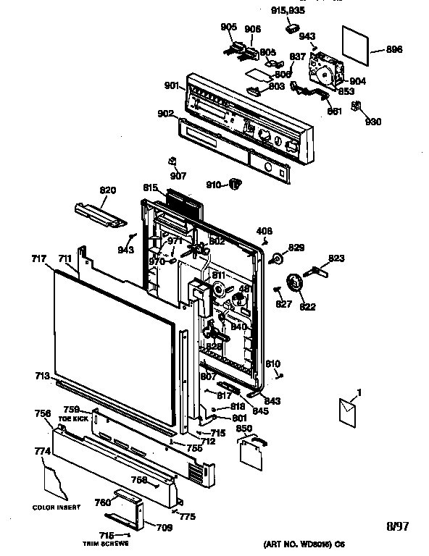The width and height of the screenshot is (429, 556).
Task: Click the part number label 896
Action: click(395, 50)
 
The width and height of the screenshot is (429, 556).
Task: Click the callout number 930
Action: click(373, 121)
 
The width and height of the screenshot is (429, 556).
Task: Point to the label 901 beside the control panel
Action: click(172, 86)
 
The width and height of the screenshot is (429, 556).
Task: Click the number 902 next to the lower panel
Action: click(165, 114)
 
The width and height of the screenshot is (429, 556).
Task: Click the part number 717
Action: click(39, 258)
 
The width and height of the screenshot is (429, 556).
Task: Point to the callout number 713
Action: click(41, 376)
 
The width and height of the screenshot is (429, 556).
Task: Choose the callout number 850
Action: click(244, 429)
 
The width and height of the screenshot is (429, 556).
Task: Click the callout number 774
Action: click(42, 451)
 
